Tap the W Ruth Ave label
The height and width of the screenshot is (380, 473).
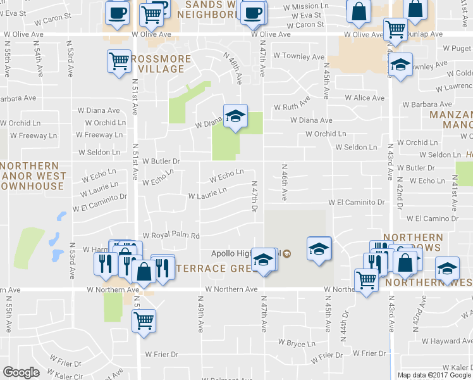click(292, 104)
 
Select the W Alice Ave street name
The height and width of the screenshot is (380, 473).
click(364, 98)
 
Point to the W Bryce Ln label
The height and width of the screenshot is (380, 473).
click(297, 343)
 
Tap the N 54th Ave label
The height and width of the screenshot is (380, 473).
click(38, 63)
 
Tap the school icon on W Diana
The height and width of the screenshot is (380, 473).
click(235, 116)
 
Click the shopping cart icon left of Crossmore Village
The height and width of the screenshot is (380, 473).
click(119, 61)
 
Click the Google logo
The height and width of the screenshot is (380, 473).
click(21, 372)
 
